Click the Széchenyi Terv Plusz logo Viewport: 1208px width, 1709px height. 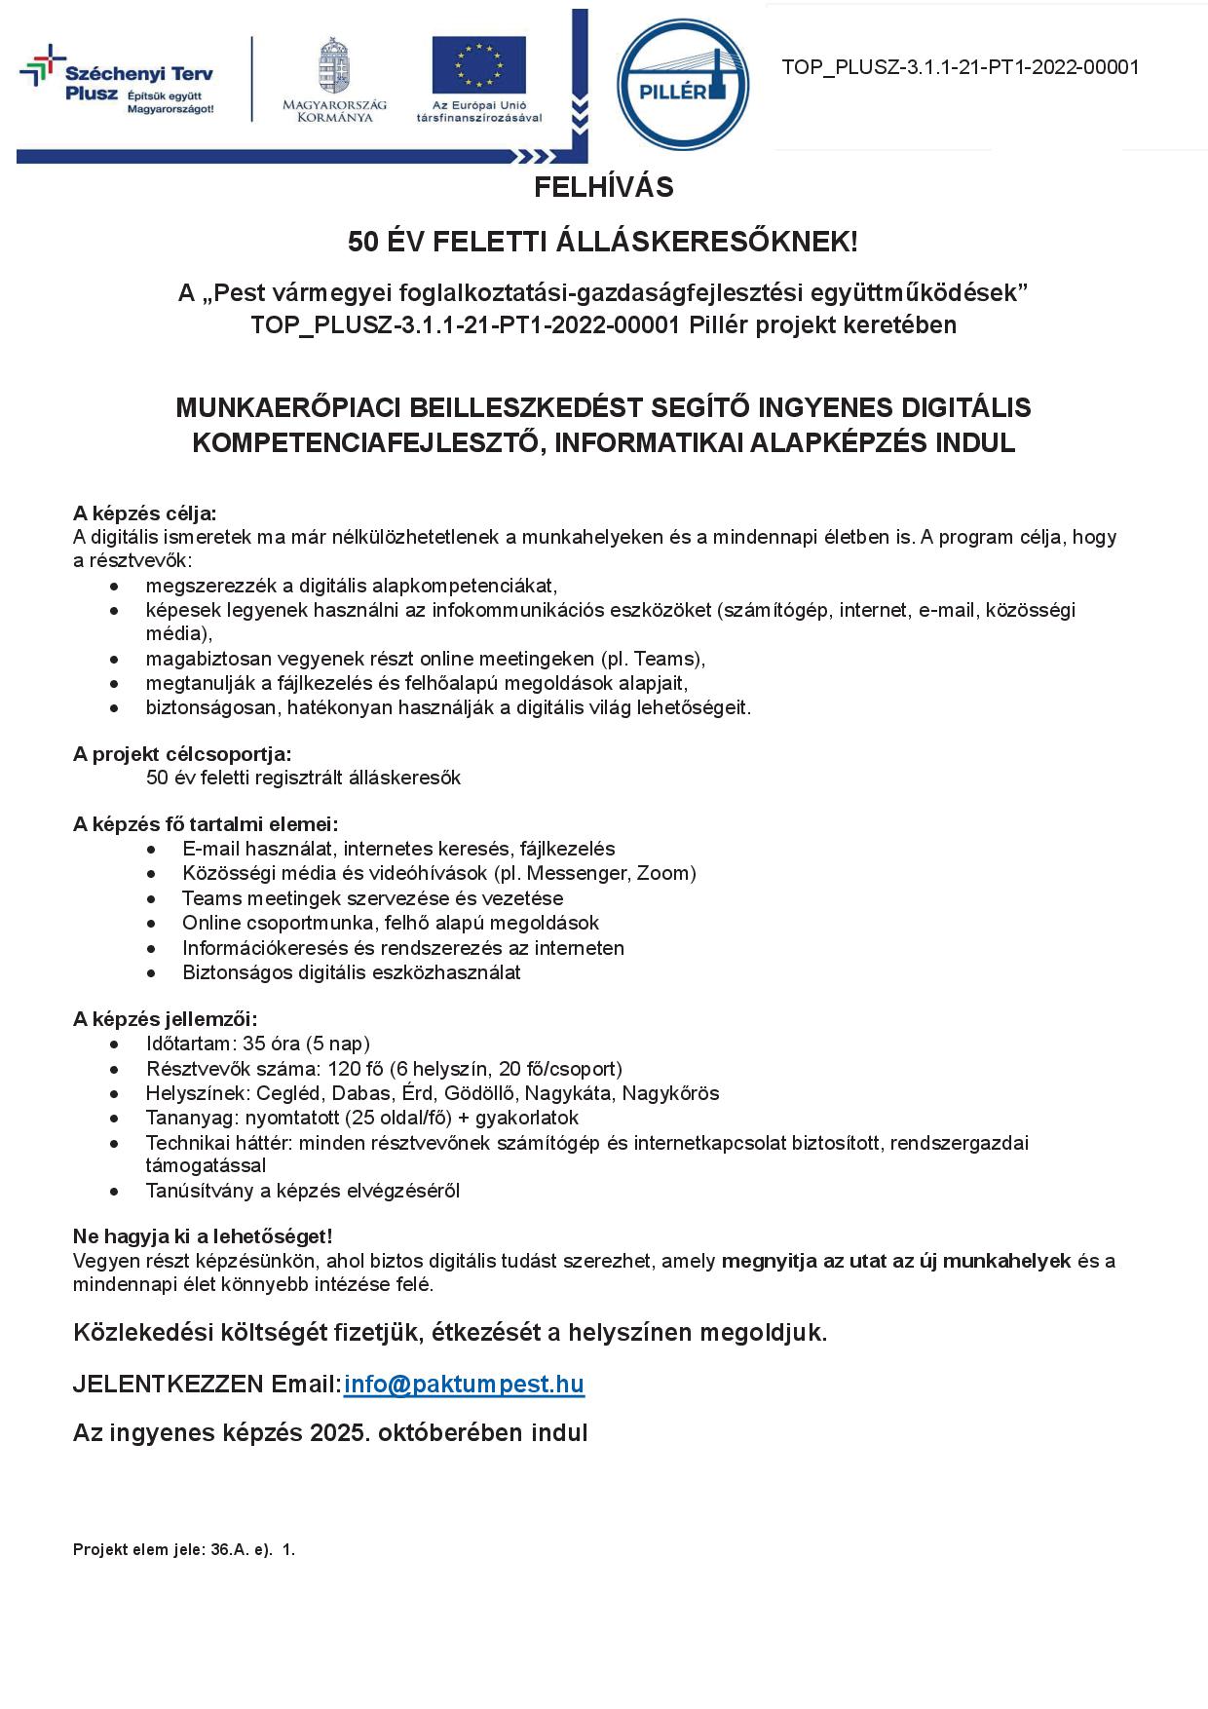click(117, 83)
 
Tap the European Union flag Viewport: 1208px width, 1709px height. click(478, 65)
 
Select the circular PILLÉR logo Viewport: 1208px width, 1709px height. click(683, 85)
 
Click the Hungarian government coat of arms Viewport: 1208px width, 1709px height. click(334, 65)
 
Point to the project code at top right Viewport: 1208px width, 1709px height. click(960, 67)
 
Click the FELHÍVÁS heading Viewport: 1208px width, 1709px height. click(603, 187)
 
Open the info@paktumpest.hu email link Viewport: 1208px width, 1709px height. click(464, 1385)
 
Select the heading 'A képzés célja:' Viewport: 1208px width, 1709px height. click(145, 513)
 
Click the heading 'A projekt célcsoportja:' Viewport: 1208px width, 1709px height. click(182, 754)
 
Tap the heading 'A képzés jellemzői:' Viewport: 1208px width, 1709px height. click(166, 1019)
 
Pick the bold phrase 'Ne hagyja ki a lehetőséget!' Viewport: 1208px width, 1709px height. click(203, 1236)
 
